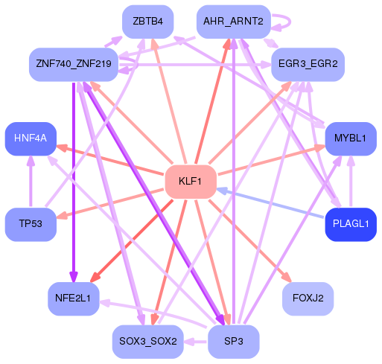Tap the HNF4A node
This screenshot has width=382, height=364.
[x=31, y=138]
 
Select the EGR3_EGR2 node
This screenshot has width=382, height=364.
[x=307, y=65]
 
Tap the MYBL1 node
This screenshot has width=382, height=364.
[x=350, y=138]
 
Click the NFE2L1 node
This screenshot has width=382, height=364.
[x=73, y=298]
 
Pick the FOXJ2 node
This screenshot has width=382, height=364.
[x=308, y=298]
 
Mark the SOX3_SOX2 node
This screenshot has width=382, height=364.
[x=147, y=342]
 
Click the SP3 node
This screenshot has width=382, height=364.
[x=232, y=342]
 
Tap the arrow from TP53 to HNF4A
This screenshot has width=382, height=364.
[x=31, y=182]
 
